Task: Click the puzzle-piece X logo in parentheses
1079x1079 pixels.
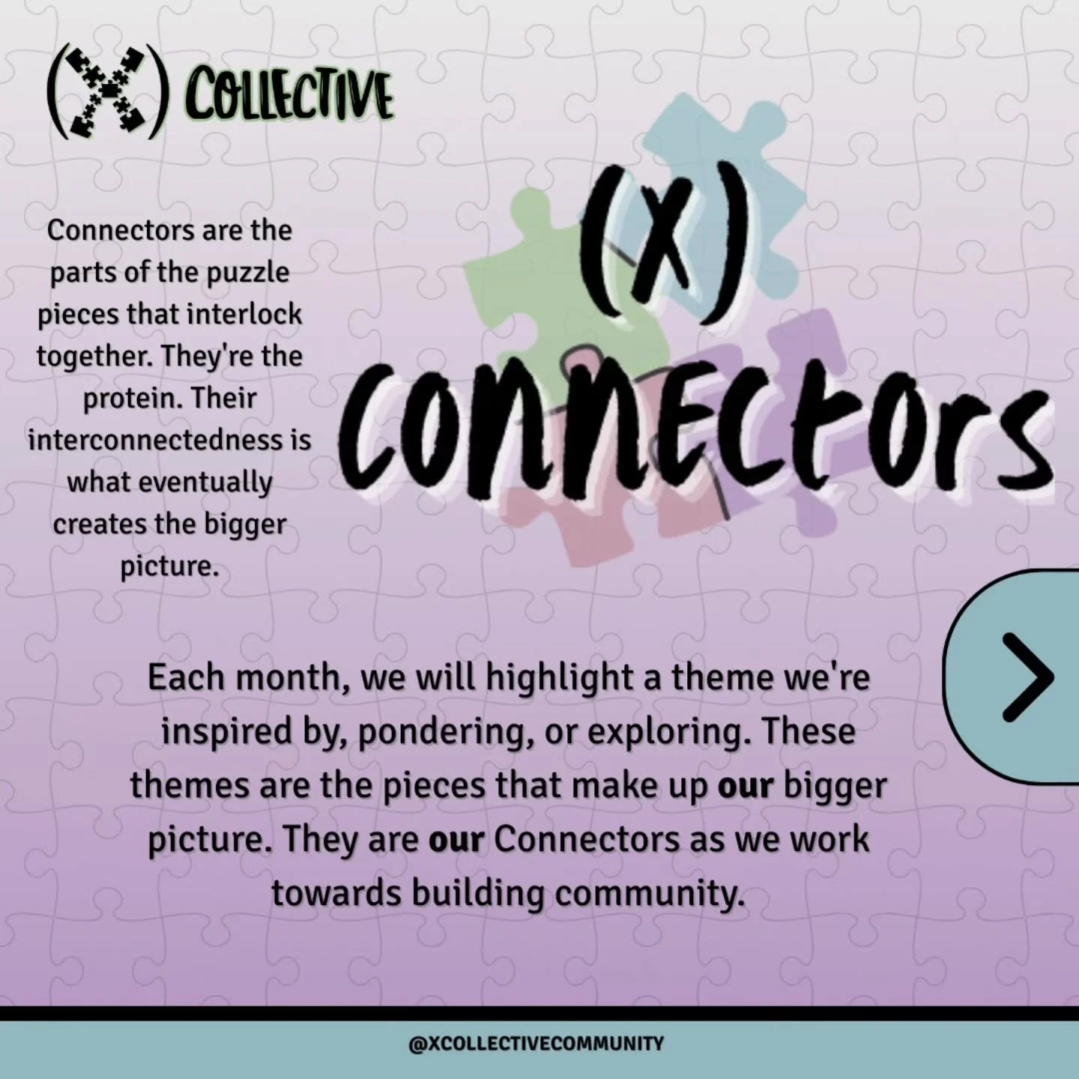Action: click(105, 93)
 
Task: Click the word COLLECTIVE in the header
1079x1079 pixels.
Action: click(289, 96)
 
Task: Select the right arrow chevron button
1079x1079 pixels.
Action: click(1027, 677)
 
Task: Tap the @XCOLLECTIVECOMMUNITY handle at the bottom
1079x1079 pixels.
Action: click(536, 1043)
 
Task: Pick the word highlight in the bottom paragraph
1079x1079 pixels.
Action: click(572, 678)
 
